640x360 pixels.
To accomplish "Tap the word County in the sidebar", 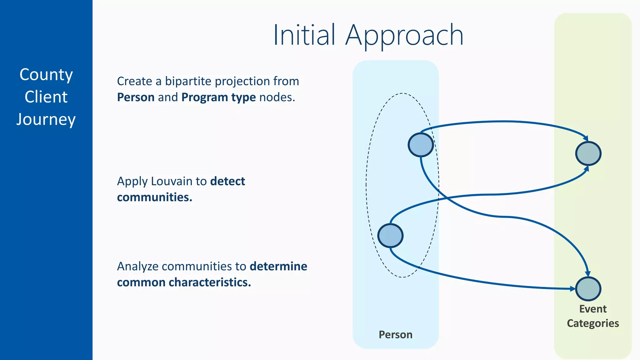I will (x=46, y=75).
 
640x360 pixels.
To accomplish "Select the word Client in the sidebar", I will (x=46, y=97).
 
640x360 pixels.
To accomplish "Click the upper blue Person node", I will (x=421, y=145).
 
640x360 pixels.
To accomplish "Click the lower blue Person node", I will (x=390, y=236).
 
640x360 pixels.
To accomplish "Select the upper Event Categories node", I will (x=588, y=153).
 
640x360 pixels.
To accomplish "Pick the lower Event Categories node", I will (x=588, y=289).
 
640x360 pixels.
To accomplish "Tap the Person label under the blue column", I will (x=395, y=335).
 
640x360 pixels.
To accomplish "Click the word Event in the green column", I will (x=593, y=309).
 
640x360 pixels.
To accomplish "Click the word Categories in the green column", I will (x=593, y=323).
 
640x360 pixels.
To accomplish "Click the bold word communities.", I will (x=154, y=197).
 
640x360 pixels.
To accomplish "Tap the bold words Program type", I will (x=218, y=97).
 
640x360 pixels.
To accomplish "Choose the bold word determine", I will (x=278, y=266).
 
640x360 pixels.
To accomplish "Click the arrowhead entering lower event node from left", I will (x=573, y=289).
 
